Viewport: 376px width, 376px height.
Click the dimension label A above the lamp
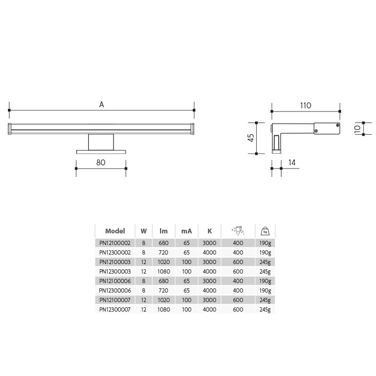[x=102, y=105]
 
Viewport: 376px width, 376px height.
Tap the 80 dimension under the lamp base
[x=101, y=163]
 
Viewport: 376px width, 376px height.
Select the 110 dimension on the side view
[x=305, y=106]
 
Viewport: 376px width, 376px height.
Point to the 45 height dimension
[x=251, y=138]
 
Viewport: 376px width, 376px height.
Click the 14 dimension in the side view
[x=292, y=163]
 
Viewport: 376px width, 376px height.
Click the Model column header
[x=115, y=231]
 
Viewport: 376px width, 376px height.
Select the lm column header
[x=164, y=231]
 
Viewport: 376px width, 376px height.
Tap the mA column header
[x=186, y=231]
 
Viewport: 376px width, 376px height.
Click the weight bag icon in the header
[x=265, y=231]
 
